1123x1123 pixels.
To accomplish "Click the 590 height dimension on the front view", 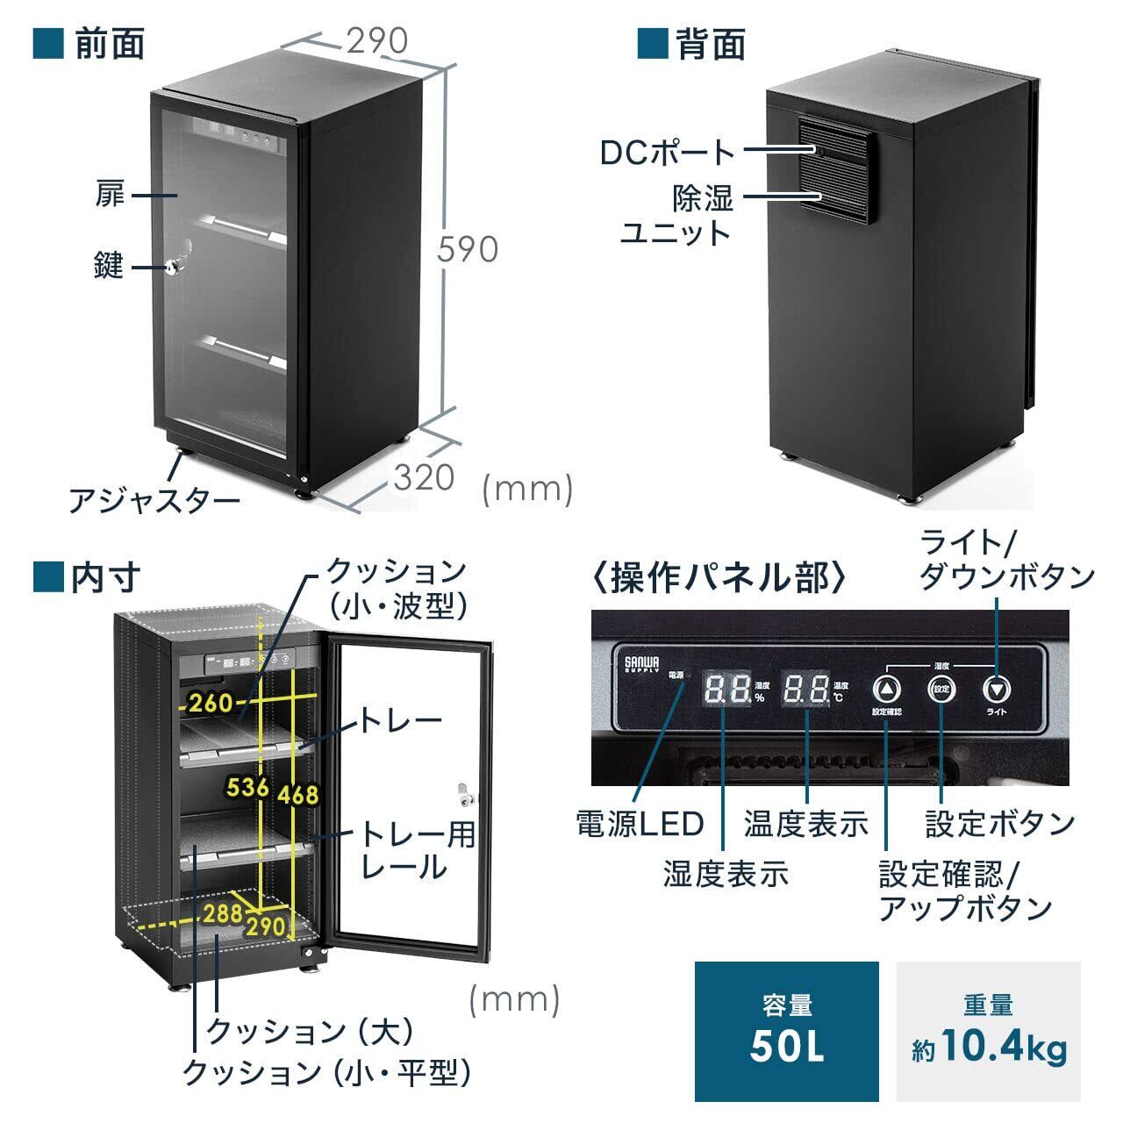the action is coord(469,249).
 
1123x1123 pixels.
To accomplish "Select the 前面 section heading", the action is coord(110,43).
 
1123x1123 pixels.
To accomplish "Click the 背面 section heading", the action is coord(711,43).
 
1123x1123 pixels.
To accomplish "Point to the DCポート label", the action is coord(668,152).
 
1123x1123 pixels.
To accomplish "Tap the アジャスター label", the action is coord(154,501).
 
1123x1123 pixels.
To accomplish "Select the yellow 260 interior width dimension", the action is coord(210,702).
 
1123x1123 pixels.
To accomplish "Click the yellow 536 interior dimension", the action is coord(247,787).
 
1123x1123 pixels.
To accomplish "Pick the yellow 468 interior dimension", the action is coord(297,795).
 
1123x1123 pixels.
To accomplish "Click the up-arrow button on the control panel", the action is coord(887,689).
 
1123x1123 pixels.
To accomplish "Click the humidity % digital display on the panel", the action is coord(727,690).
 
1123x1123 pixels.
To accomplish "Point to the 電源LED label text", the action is coord(640,824).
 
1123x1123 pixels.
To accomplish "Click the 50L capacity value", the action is coord(787,1048).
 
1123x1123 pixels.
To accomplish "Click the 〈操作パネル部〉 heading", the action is coord(719,578).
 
